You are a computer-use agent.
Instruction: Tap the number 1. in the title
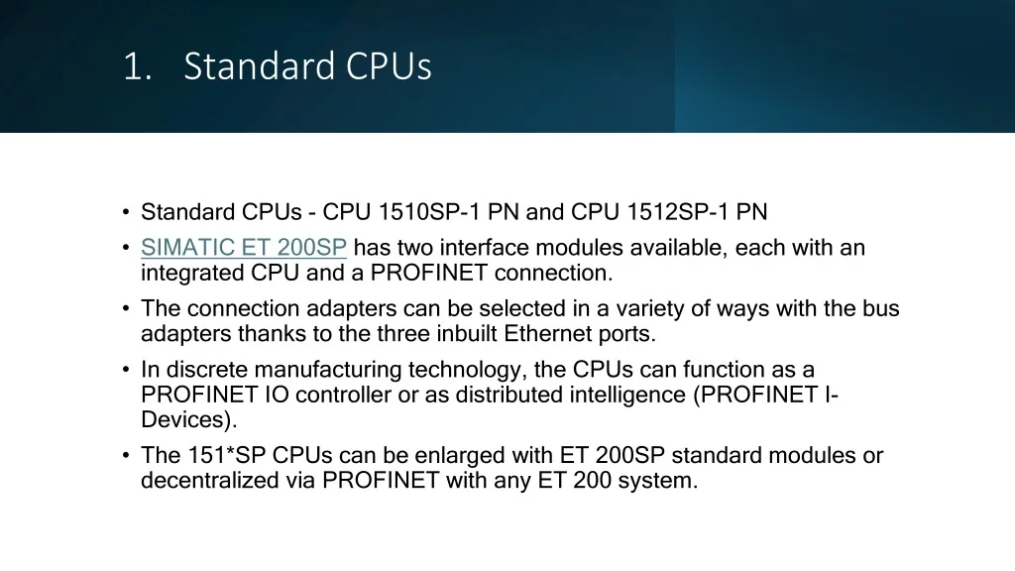pos(137,66)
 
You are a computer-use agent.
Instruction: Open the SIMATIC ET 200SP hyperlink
pos(244,247)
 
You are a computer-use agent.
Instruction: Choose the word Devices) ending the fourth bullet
pos(189,420)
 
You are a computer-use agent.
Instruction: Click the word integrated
pos(192,274)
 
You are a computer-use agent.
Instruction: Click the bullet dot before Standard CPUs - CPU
pos(126,212)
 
